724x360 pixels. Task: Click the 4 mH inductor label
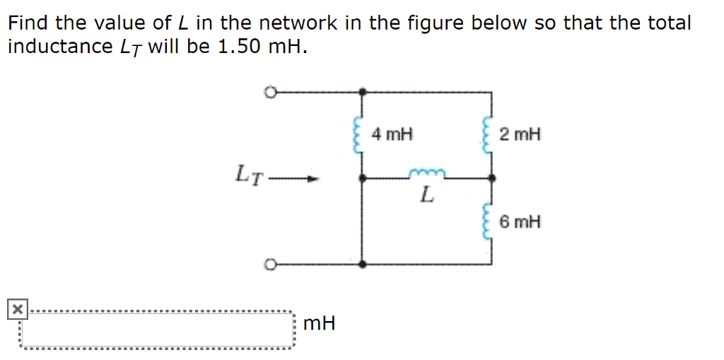coord(392,134)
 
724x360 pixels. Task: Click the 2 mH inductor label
coord(520,134)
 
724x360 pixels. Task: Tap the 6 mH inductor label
coord(520,222)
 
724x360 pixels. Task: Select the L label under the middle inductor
coord(426,194)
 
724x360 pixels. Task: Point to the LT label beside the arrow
coord(250,174)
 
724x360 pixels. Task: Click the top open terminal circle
coord(269,91)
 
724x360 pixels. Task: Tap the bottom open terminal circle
coord(269,265)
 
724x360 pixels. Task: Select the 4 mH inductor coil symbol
coord(358,134)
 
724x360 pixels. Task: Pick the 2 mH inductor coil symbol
coord(486,134)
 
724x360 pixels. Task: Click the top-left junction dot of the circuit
coord(362,91)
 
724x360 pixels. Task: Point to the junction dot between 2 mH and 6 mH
coord(491,178)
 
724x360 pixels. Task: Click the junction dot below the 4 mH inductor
coord(362,178)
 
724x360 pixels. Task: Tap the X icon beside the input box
coord(16,309)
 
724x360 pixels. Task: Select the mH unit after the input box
coord(318,324)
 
